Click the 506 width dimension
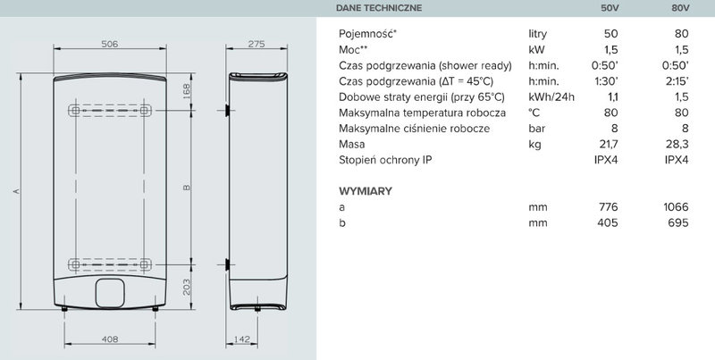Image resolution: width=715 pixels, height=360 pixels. (x=110, y=44)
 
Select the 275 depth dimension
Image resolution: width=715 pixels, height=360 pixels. (x=257, y=44)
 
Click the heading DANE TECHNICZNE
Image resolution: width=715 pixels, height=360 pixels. (x=380, y=9)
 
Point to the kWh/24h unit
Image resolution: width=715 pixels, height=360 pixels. (x=549, y=97)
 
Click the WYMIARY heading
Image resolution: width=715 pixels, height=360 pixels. (x=366, y=191)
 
